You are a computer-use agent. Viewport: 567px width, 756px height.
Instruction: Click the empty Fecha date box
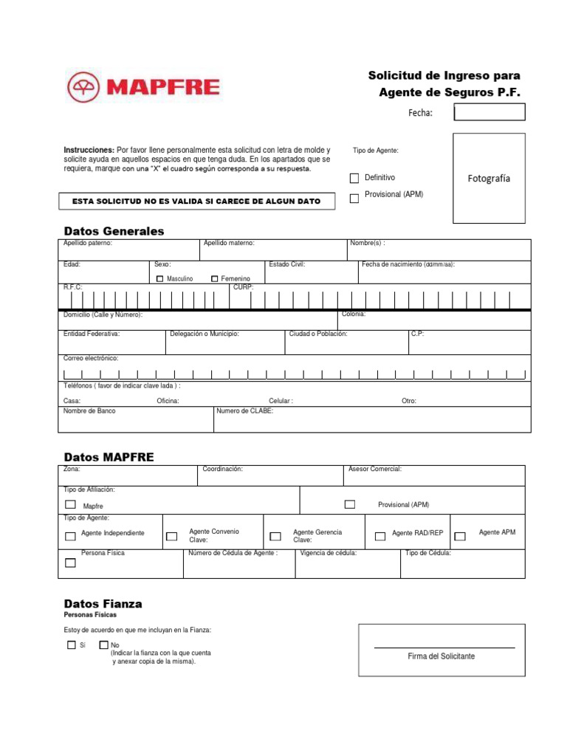coord(489,112)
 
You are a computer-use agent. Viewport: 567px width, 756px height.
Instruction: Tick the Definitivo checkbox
coord(354,178)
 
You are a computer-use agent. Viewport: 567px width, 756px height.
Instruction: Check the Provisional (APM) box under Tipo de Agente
coord(354,198)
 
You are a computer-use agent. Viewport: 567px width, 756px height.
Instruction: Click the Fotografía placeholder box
coord(489,178)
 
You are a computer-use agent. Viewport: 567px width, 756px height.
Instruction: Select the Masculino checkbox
coord(160,278)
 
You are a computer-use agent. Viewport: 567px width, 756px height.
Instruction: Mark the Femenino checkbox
coord(215,278)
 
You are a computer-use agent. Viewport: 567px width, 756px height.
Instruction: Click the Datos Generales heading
coord(114,231)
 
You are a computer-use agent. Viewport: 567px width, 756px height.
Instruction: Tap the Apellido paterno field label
coord(88,243)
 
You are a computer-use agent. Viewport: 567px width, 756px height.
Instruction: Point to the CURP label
coord(243,287)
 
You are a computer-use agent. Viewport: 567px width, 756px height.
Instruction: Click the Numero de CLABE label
coord(245,411)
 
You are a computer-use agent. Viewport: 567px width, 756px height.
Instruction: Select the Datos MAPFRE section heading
coord(109,457)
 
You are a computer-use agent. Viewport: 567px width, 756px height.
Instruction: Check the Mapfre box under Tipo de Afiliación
coord(70,505)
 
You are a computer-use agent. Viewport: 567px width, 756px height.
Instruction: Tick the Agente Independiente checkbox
coord(70,537)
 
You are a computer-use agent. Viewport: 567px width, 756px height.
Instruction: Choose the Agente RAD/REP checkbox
coord(380,537)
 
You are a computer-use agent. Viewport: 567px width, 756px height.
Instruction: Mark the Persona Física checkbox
coord(70,563)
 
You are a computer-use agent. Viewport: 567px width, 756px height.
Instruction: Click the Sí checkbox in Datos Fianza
coord(71,645)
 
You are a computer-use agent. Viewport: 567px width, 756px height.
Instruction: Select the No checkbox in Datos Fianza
coord(103,645)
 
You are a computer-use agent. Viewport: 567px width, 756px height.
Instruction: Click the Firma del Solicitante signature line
coord(444,647)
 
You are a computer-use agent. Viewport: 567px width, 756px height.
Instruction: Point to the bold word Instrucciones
coord(89,150)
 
